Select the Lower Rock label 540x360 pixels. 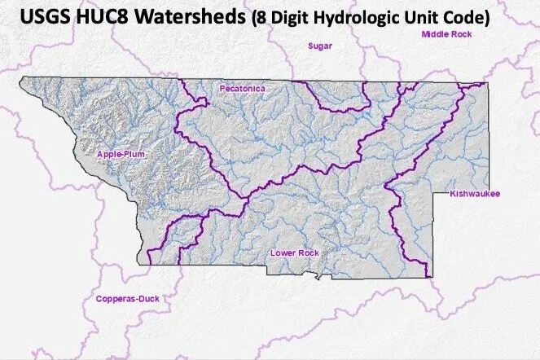pyautogui.click(x=294, y=253)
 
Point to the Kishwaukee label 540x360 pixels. pyautogui.click(x=475, y=194)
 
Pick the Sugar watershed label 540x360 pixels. pyautogui.click(x=318, y=46)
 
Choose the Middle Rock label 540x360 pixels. pyautogui.click(x=445, y=34)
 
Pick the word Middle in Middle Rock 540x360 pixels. pyautogui.click(x=434, y=34)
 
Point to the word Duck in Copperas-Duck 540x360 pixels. pyautogui.click(x=147, y=299)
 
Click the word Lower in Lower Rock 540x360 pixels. pyautogui.click(x=282, y=253)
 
